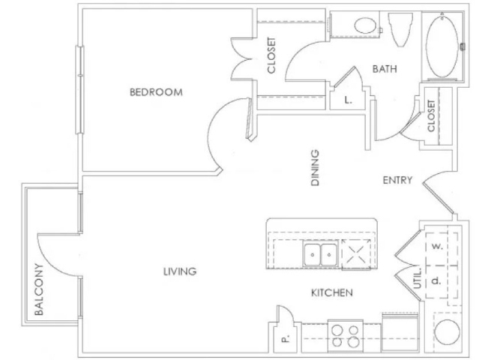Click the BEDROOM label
pyautogui.click(x=156, y=92)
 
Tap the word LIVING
pyautogui.click(x=180, y=271)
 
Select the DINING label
pyautogui.click(x=315, y=168)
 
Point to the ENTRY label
pyautogui.click(x=397, y=180)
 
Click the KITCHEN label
pyautogui.click(x=332, y=292)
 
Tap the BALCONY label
pyautogui.click(x=39, y=289)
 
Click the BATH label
pyautogui.click(x=385, y=69)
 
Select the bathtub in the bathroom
pyautogui.click(x=442, y=46)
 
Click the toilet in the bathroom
pyautogui.click(x=400, y=30)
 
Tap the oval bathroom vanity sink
pyautogui.click(x=366, y=25)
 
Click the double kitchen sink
pyautogui.click(x=320, y=254)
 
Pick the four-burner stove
pyautogui.click(x=346, y=336)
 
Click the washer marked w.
pyautogui.click(x=437, y=246)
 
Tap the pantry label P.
pyautogui.click(x=285, y=339)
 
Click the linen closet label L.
pyautogui.click(x=348, y=100)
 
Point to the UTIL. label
pyautogui.click(x=417, y=278)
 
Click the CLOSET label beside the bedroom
pyautogui.click(x=271, y=55)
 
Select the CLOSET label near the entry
pyautogui.click(x=431, y=115)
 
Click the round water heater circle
pyautogui.click(x=447, y=332)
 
